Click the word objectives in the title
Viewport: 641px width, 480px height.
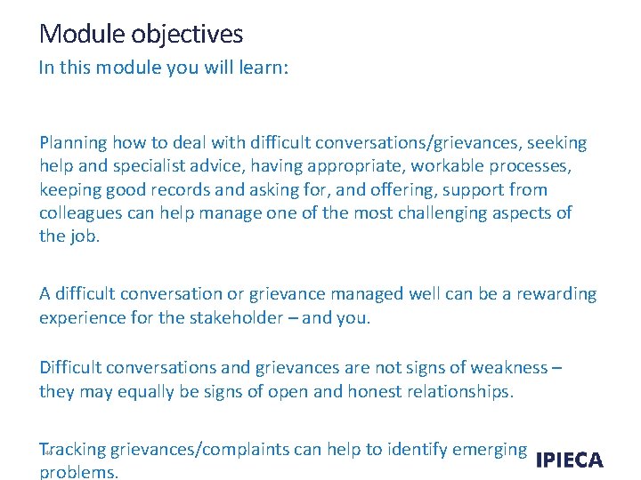pos(187,35)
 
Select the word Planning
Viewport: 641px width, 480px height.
pos(74,143)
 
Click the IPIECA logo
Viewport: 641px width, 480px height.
pos(569,460)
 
